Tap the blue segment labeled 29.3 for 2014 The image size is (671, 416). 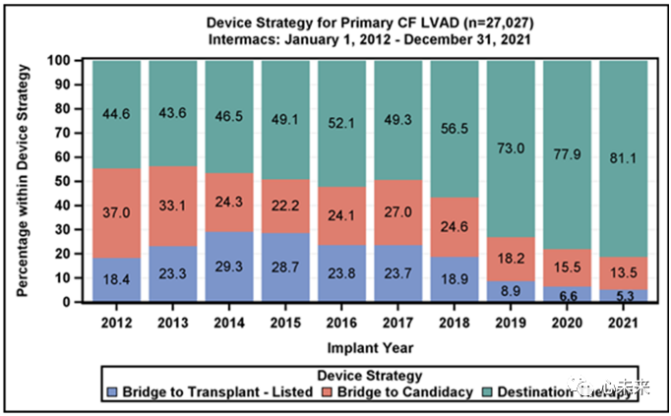pyautogui.click(x=230, y=267)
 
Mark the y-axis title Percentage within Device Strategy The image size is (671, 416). pyautogui.click(x=22, y=177)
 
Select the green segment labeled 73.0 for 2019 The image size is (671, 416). pyautogui.click(x=510, y=148)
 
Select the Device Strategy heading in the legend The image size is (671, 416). pyautogui.click(x=370, y=376)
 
